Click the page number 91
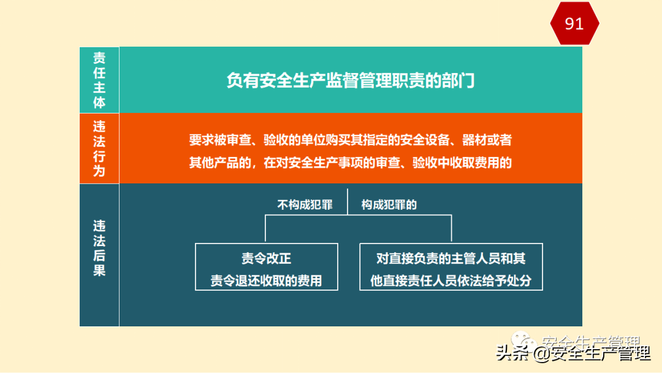point(574,24)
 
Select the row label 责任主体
point(99,80)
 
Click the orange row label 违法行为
point(99,148)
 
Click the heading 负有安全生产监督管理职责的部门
point(350,80)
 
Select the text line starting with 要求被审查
point(350,140)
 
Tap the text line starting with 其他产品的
point(350,163)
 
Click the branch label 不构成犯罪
point(305,205)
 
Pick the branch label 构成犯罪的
point(389,205)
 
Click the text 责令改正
point(266,259)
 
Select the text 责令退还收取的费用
point(266,281)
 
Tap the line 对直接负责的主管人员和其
point(451,259)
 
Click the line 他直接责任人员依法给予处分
point(451,281)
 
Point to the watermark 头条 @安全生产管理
point(573,354)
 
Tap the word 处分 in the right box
point(519,281)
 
